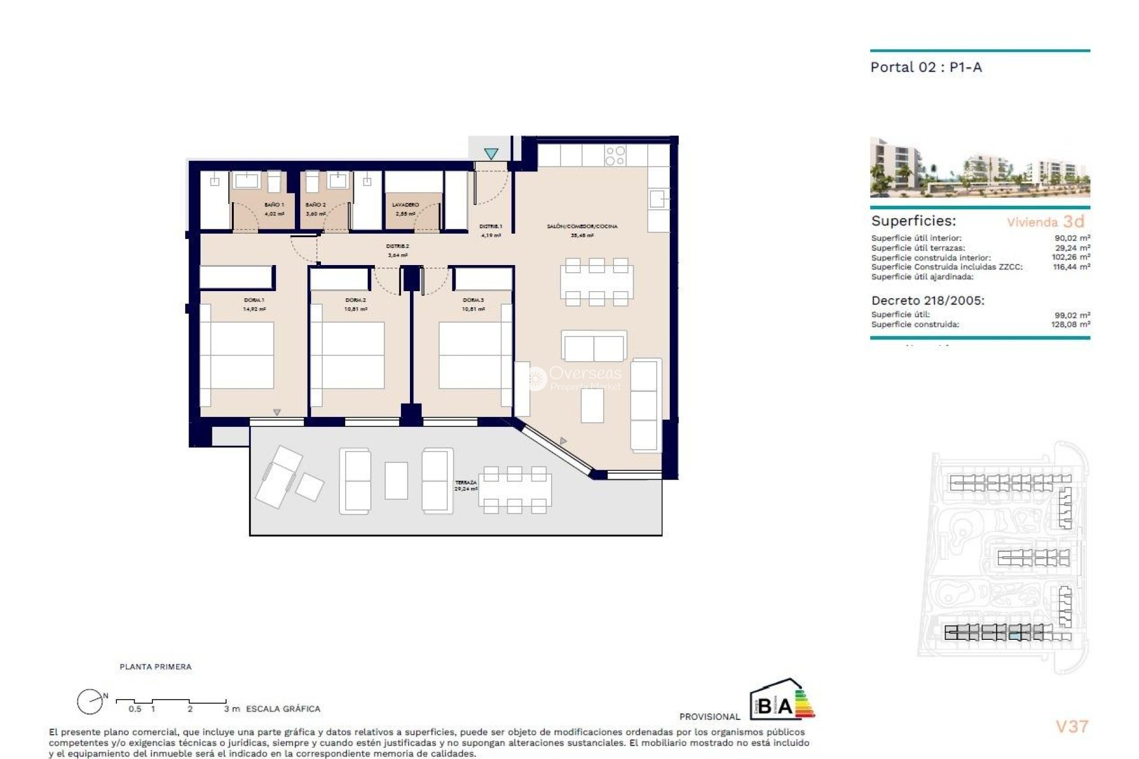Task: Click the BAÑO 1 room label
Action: [274, 205]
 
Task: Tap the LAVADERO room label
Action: [406, 205]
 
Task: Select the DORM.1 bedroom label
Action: [254, 300]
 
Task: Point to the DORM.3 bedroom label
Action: [473, 300]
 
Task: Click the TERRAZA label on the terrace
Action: [466, 483]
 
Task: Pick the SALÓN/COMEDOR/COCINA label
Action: [582, 227]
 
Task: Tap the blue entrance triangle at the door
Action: [491, 154]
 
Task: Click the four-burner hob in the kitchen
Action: [615, 156]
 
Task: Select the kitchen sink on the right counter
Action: [658, 199]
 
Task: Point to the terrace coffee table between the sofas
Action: [396, 480]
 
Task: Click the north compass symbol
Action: [90, 702]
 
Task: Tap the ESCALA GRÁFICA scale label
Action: [283, 709]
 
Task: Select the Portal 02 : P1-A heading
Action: [926, 68]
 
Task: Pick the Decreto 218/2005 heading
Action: [927, 301]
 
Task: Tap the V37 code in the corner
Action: [1072, 726]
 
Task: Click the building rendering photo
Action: [979, 167]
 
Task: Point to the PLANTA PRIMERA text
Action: [155, 667]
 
